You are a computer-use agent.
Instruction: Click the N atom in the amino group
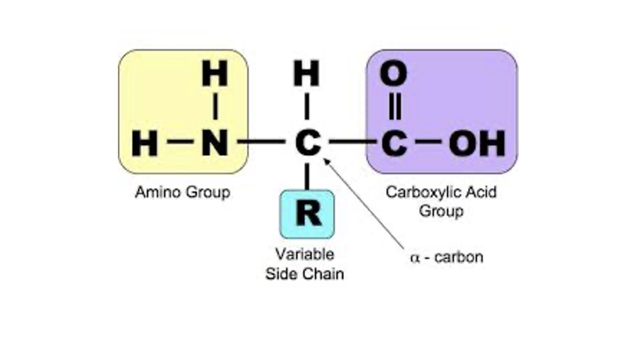(x=215, y=143)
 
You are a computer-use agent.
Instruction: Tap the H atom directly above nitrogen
(x=215, y=74)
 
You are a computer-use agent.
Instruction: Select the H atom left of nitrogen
(x=145, y=143)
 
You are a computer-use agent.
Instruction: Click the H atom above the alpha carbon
(x=306, y=74)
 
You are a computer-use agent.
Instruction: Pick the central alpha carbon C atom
(x=308, y=143)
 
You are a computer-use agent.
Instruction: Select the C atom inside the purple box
(x=393, y=143)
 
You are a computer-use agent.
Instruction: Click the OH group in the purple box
(x=477, y=143)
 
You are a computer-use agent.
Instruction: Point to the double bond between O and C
(x=394, y=108)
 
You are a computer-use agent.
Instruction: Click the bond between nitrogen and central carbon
(x=261, y=141)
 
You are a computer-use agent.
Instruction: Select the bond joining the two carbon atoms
(x=352, y=141)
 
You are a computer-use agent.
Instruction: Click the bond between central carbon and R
(x=306, y=177)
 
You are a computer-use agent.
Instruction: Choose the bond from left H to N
(x=180, y=141)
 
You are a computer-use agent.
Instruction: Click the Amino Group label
(x=182, y=192)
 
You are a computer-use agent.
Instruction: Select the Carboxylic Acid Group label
(x=441, y=201)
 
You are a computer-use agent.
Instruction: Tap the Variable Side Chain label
(x=304, y=264)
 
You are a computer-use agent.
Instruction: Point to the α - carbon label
(x=446, y=257)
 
